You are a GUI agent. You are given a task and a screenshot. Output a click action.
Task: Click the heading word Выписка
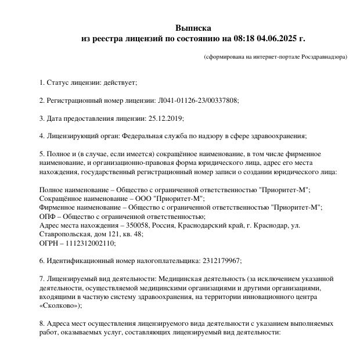[193, 28]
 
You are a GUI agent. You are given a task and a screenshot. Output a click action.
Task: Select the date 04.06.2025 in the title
[276, 39]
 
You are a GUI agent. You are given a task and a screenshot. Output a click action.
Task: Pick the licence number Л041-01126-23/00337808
[197, 100]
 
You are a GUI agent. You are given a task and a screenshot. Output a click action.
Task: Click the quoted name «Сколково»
[60, 305]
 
